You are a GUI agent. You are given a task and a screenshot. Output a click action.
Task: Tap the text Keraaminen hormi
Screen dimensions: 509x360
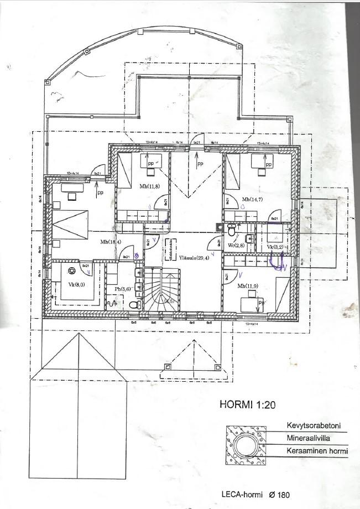coord(317,451)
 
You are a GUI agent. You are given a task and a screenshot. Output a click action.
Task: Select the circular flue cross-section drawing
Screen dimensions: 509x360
coord(244,445)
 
